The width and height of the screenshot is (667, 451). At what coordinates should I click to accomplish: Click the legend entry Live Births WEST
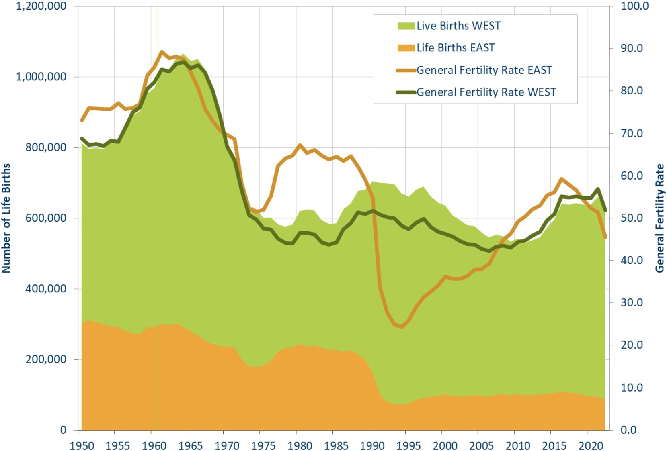458,26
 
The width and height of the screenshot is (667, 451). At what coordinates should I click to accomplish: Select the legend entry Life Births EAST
455,48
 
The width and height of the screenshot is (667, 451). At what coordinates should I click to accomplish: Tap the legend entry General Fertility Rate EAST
484,70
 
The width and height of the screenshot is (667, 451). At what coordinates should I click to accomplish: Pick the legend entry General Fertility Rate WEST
486,92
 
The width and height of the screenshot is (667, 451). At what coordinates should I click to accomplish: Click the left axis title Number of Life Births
6,218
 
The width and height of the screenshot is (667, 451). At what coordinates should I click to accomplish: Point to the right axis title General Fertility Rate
659,218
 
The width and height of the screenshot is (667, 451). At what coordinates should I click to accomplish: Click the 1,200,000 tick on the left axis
41,6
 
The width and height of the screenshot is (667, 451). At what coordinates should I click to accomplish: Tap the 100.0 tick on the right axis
634,6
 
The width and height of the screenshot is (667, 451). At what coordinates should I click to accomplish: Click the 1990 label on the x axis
372,445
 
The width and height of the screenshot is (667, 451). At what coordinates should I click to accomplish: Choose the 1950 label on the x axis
82,445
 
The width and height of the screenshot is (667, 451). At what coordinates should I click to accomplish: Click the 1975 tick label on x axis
263,445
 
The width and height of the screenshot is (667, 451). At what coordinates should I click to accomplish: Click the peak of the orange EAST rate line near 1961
162,51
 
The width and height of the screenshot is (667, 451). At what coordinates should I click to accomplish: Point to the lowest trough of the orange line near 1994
401,327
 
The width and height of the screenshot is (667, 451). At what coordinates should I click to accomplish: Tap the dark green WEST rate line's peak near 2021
598,189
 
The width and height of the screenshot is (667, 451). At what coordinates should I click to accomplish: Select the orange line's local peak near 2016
562,178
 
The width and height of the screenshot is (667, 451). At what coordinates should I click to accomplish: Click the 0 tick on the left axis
63,430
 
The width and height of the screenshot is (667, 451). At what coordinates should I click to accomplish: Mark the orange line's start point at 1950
82,120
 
